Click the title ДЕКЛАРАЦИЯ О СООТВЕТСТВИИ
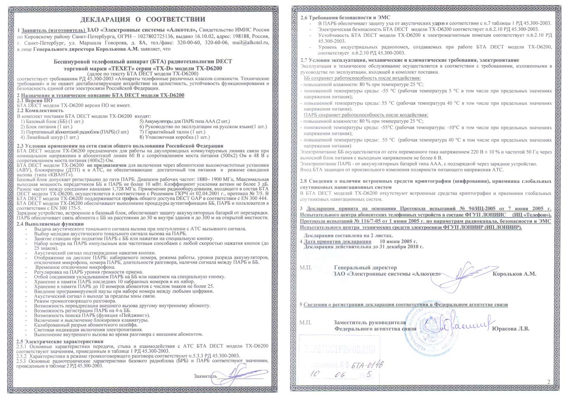pyautogui.click(x=143, y=19)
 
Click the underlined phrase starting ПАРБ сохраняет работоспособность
pyautogui.click(x=366, y=115)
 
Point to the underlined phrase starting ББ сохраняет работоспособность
pyautogui.click(x=362, y=79)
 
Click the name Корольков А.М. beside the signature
pyautogui.click(x=514, y=274)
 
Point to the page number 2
pyautogui.click(x=549, y=382)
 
